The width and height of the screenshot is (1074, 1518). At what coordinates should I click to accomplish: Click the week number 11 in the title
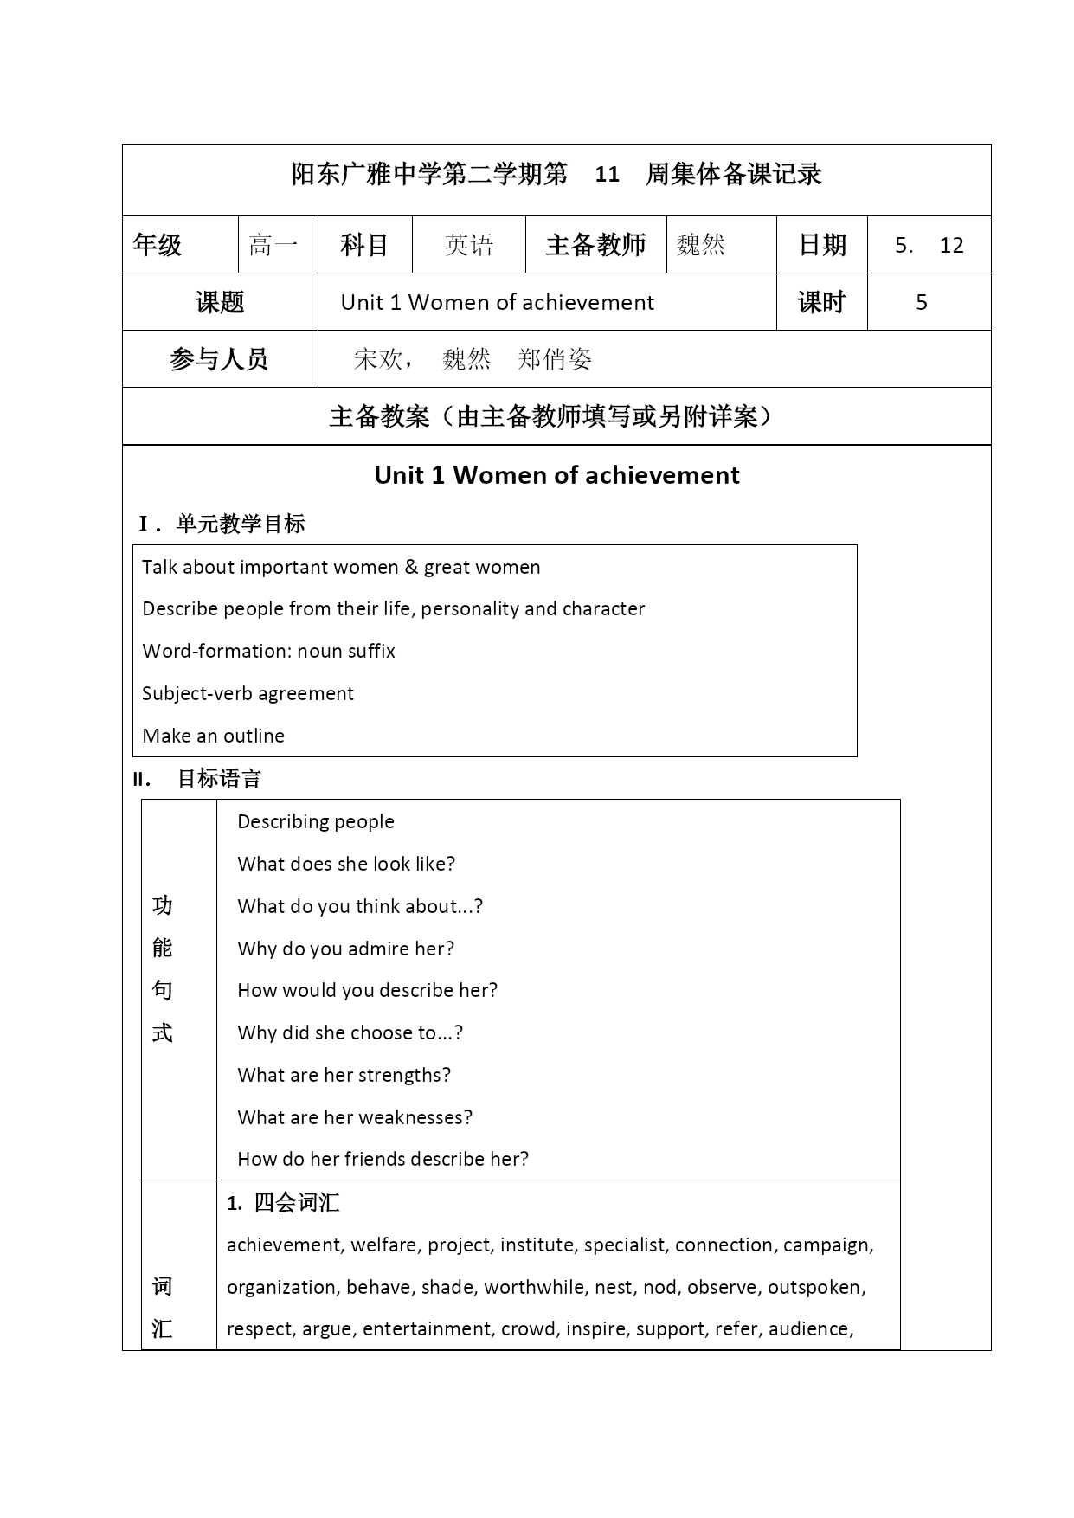coord(607,175)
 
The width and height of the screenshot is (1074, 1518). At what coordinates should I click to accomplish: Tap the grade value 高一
coord(273,246)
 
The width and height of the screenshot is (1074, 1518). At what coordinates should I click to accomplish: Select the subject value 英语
coord(468,246)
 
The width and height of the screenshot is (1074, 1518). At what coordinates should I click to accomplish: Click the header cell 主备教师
coord(595,246)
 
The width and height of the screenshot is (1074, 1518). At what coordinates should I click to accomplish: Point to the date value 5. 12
coord(929,246)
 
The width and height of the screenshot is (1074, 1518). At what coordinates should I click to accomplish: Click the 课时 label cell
coord(821,302)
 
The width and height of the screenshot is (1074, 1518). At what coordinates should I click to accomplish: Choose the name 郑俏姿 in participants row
coord(555,359)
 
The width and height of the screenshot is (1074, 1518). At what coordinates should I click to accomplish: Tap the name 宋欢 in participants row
coord(378,359)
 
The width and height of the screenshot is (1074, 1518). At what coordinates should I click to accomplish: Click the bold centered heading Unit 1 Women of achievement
coord(556,475)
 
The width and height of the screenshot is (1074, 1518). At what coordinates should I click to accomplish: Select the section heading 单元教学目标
coord(241,524)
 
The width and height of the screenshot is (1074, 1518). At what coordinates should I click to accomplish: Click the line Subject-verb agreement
coord(248,693)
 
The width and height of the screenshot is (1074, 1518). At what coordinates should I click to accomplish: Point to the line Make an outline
coord(213,736)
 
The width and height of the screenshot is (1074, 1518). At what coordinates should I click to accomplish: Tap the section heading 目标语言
coord(219,779)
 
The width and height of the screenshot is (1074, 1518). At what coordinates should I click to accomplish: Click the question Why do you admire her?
coord(345,949)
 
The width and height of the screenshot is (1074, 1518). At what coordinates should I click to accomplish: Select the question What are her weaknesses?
coord(355,1117)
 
